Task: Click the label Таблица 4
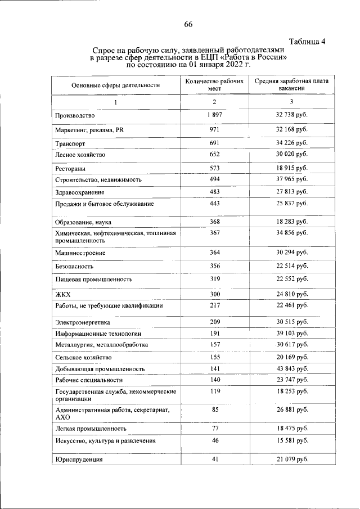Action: [x=308, y=42]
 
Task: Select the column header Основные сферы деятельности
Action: [x=115, y=85]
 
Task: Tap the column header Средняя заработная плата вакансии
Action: [x=291, y=85]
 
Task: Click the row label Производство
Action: [x=75, y=115]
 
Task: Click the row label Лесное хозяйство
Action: [x=80, y=154]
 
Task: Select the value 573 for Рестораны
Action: [x=214, y=168]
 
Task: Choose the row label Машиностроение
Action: [x=80, y=253]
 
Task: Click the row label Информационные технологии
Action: [x=94, y=334]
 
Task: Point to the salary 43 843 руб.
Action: [x=291, y=368]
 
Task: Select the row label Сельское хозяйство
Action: [x=83, y=357]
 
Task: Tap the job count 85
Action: [x=215, y=409]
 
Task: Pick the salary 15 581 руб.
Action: [x=291, y=441]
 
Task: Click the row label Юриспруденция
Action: [x=79, y=461]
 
